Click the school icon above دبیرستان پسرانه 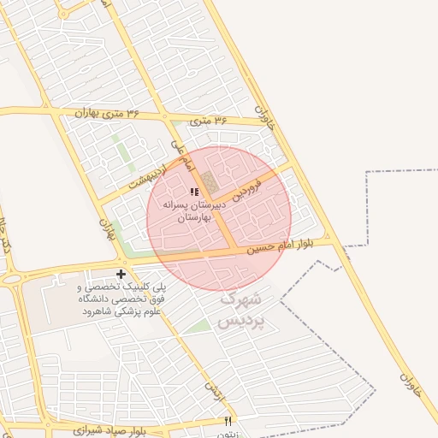pyautogui.click(x=194, y=192)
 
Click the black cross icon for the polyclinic pyautogui.click(x=121, y=274)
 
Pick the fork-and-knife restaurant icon pyautogui.click(x=228, y=420)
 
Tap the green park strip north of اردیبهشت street pyautogui.click(x=126, y=155)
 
